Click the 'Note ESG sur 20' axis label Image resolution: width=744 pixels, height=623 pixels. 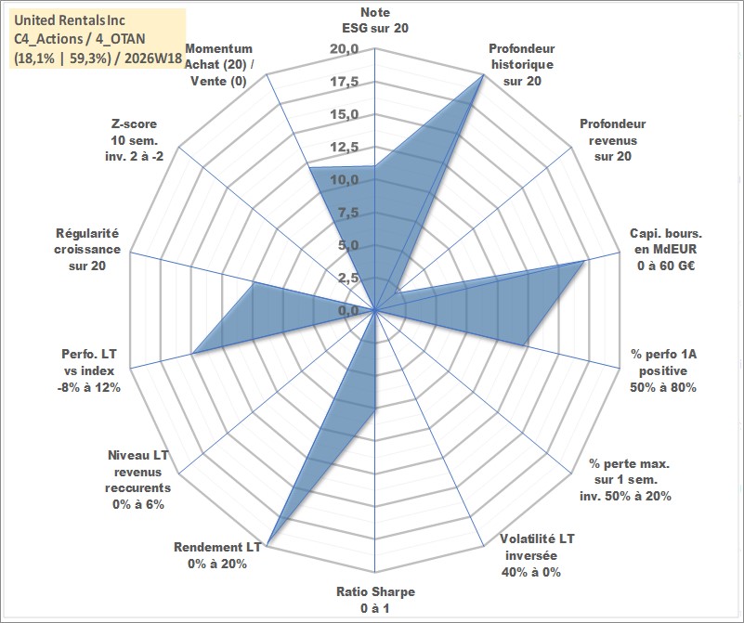[375, 19]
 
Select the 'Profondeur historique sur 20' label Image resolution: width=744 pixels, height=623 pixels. [522, 64]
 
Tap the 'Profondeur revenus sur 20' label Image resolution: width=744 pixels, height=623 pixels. [612, 140]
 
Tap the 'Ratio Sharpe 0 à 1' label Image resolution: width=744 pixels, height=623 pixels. [375, 599]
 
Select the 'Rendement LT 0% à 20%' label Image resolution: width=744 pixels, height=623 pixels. [217, 555]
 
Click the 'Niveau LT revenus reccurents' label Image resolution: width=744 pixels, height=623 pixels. [138, 479]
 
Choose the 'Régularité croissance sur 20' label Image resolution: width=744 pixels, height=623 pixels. [87, 250]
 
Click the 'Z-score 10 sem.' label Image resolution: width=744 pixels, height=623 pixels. [135, 140]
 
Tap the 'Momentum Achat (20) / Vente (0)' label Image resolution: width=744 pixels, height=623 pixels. [218, 64]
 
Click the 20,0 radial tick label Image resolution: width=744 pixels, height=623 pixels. [345, 49]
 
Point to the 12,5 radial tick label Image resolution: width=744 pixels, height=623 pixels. [345, 148]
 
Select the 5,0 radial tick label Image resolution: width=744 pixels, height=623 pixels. [348, 246]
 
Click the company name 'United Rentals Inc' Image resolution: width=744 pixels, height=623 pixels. [70, 20]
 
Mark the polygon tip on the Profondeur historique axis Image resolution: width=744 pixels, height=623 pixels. [483, 75]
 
